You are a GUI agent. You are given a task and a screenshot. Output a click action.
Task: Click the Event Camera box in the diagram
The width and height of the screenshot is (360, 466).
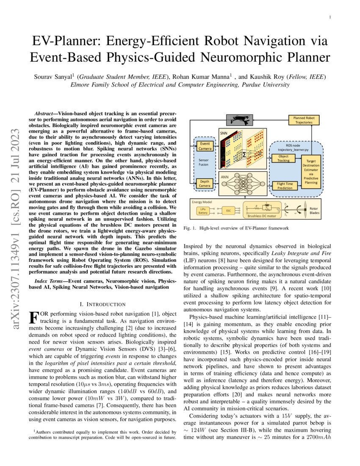pyautogui.click(x=205, y=146)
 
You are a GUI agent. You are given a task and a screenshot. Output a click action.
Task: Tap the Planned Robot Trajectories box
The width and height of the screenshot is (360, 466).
pyautogui.click(x=304, y=120)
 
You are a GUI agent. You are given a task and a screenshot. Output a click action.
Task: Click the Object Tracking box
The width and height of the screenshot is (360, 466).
pyautogui.click(x=283, y=158)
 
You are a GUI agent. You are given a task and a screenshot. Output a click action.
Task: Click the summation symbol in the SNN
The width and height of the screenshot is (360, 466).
pyautogui.click(x=244, y=155)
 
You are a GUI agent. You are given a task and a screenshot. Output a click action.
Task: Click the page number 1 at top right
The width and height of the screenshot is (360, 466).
pyautogui.click(x=330, y=17)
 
